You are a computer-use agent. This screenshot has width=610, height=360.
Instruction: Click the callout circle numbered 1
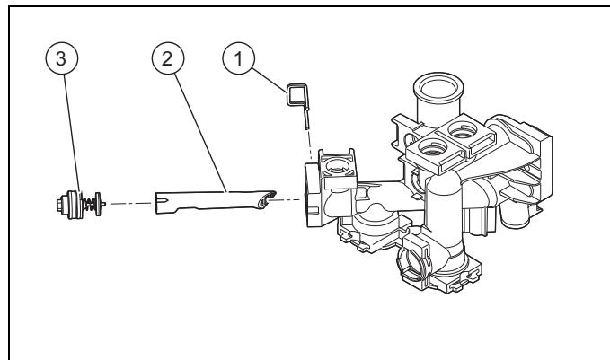[238, 58]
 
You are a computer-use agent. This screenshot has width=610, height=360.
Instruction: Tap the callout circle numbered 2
[168, 58]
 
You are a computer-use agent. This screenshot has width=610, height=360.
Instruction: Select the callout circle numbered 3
[61, 58]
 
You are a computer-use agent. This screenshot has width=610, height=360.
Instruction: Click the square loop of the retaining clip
[297, 94]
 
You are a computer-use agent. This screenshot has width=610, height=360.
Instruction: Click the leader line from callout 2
[200, 133]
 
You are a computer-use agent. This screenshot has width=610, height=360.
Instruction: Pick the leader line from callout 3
[72, 134]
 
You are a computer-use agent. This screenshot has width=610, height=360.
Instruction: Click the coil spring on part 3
[89, 203]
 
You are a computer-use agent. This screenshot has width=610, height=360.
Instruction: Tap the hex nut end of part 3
[60, 205]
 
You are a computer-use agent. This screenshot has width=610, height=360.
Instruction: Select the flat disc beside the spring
[99, 204]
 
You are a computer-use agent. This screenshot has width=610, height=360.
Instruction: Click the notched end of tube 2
[162, 203]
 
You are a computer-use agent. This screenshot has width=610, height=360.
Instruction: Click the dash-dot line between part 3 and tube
[130, 203]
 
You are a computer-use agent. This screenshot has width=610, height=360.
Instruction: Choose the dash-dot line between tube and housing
[286, 200]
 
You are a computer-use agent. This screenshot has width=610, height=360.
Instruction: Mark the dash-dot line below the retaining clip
[310, 145]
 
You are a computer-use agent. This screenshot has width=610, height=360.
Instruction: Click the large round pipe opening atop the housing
[438, 87]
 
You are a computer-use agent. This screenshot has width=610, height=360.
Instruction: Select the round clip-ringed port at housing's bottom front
[413, 260]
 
